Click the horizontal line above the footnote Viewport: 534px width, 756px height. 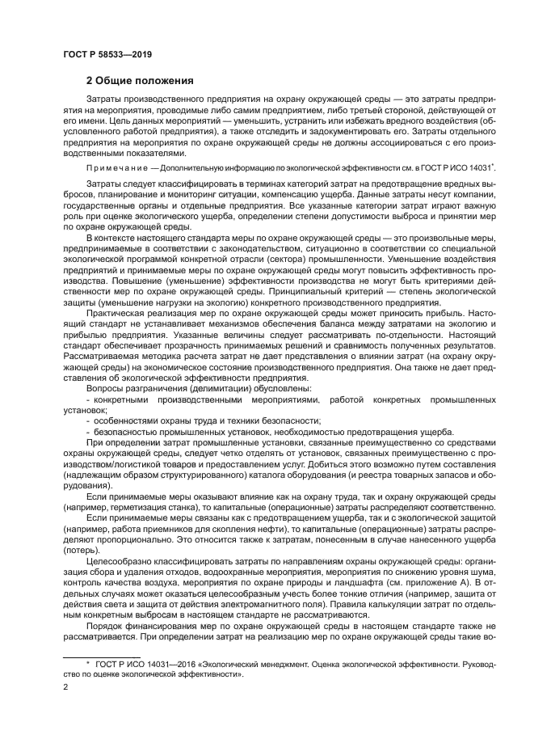(103, 655)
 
